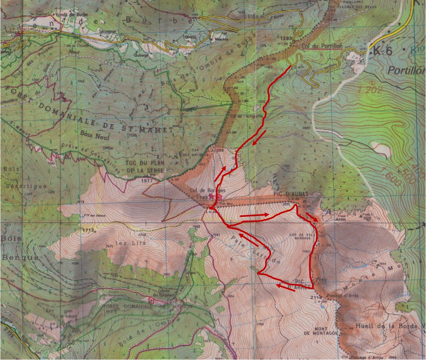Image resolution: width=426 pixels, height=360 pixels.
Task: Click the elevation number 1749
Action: point(202,197)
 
